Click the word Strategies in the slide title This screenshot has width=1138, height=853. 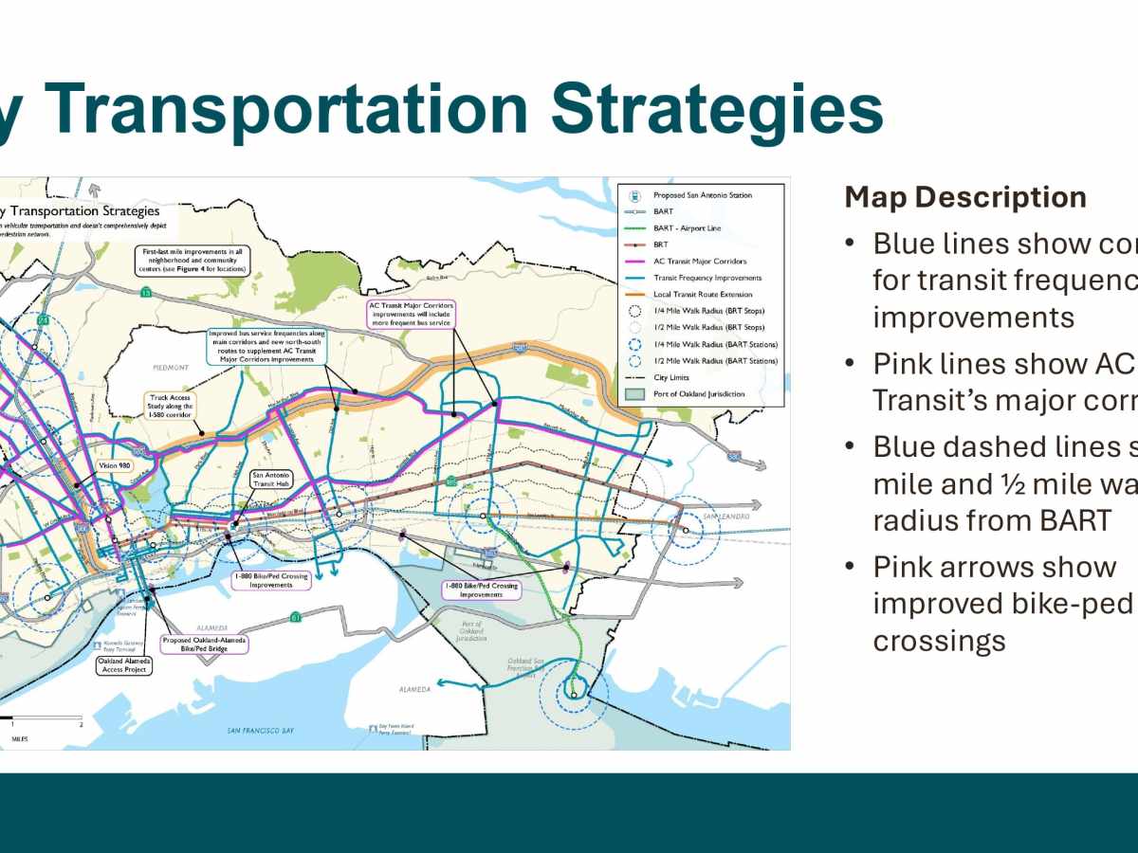pyautogui.click(x=716, y=109)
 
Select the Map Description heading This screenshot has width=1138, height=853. pyautogui.click(x=965, y=197)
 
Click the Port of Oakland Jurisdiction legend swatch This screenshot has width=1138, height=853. pyautogui.click(x=633, y=394)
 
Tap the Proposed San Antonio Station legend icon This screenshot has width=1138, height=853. pyautogui.click(x=633, y=195)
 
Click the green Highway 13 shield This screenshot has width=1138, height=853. pyautogui.click(x=145, y=294)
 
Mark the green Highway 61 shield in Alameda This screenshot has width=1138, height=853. pyautogui.click(x=297, y=616)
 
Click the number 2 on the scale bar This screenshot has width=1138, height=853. pyautogui.click(x=82, y=724)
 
